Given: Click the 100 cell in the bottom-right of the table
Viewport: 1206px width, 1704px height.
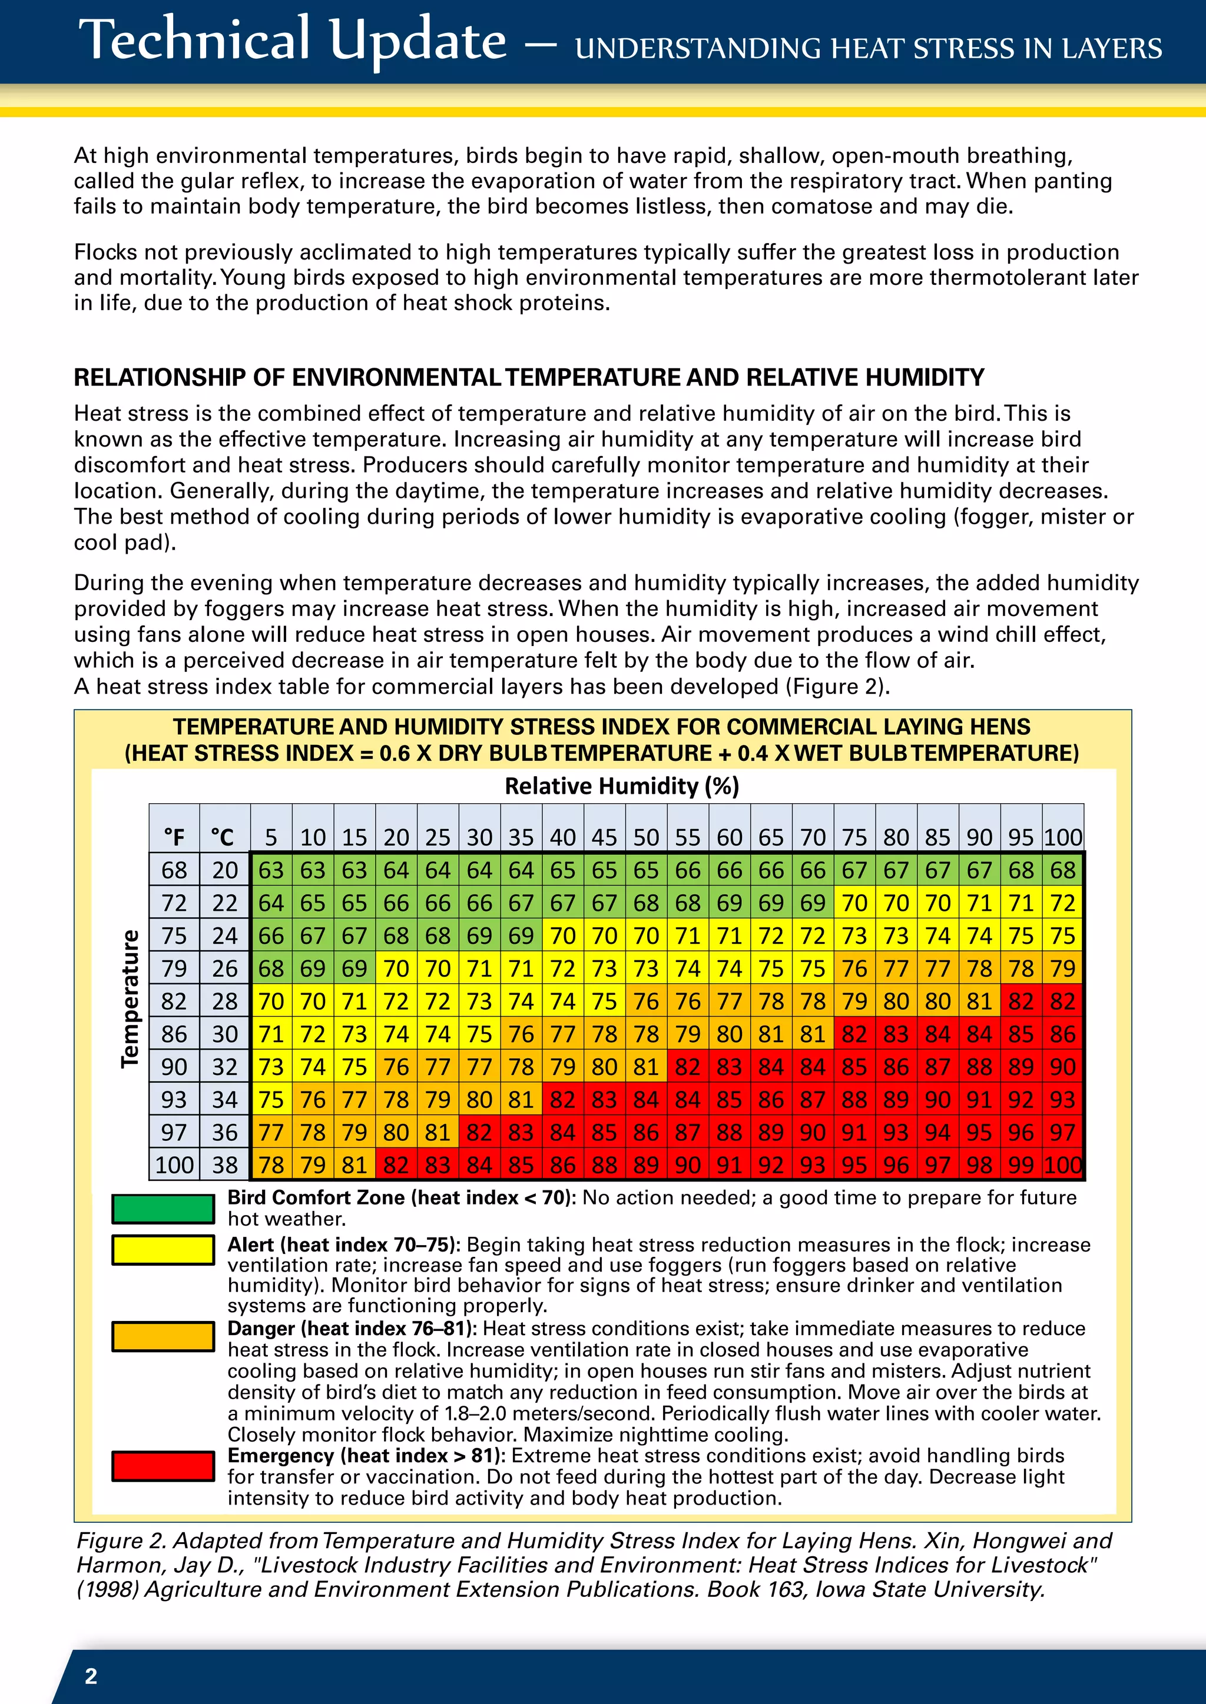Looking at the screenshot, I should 1063,1164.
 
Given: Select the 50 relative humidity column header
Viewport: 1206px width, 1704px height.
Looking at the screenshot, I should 646,837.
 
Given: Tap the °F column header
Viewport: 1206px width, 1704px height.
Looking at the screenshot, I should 174,837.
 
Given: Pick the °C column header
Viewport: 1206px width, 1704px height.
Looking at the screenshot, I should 224,837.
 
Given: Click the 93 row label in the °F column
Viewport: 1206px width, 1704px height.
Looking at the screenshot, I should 174,1099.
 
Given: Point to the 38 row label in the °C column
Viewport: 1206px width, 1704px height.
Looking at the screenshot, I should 224,1164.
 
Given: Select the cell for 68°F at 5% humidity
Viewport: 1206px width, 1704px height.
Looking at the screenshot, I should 271,870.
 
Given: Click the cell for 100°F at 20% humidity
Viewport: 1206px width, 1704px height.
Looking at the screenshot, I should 396,1164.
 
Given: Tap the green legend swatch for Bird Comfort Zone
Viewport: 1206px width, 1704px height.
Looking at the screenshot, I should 163,1208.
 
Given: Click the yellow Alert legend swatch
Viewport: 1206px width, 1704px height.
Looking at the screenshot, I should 163,1250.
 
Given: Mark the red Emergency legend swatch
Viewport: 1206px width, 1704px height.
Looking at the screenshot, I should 163,1466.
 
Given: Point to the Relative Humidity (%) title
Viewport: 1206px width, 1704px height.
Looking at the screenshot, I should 622,786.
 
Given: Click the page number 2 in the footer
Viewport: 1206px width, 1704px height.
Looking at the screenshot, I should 91,1676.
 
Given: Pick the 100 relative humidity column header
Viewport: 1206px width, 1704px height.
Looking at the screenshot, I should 1063,837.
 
